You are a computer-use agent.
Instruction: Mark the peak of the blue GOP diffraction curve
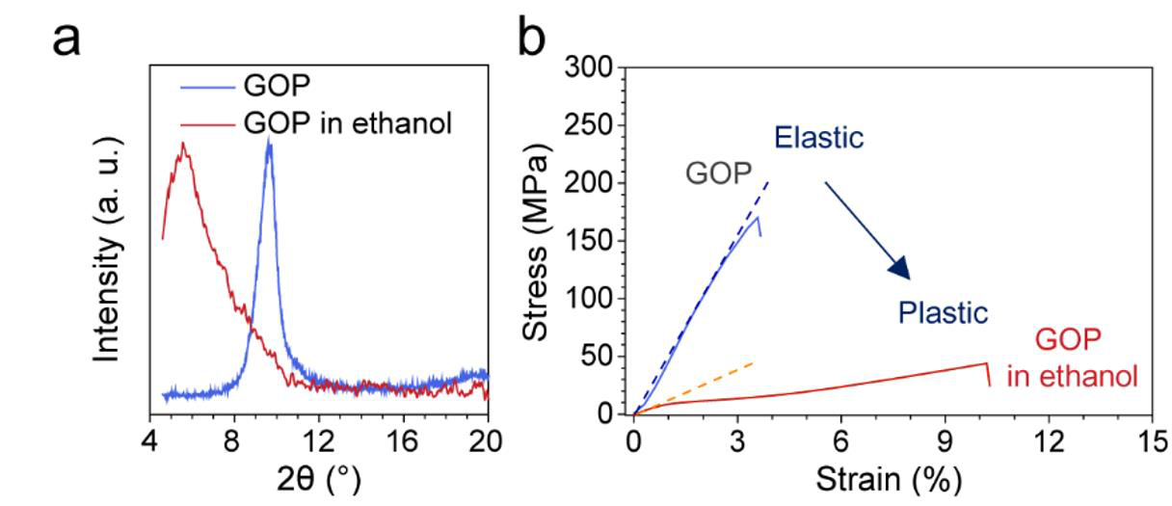tap(269, 143)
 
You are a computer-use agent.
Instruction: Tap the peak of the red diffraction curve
tap(182, 145)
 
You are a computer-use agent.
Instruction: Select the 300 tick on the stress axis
tap(596, 68)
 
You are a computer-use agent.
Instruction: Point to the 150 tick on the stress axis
tap(596, 241)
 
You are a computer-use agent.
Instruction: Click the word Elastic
tap(818, 138)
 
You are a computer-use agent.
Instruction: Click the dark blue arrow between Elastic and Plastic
tap(867, 229)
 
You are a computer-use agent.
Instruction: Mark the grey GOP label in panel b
tap(718, 173)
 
